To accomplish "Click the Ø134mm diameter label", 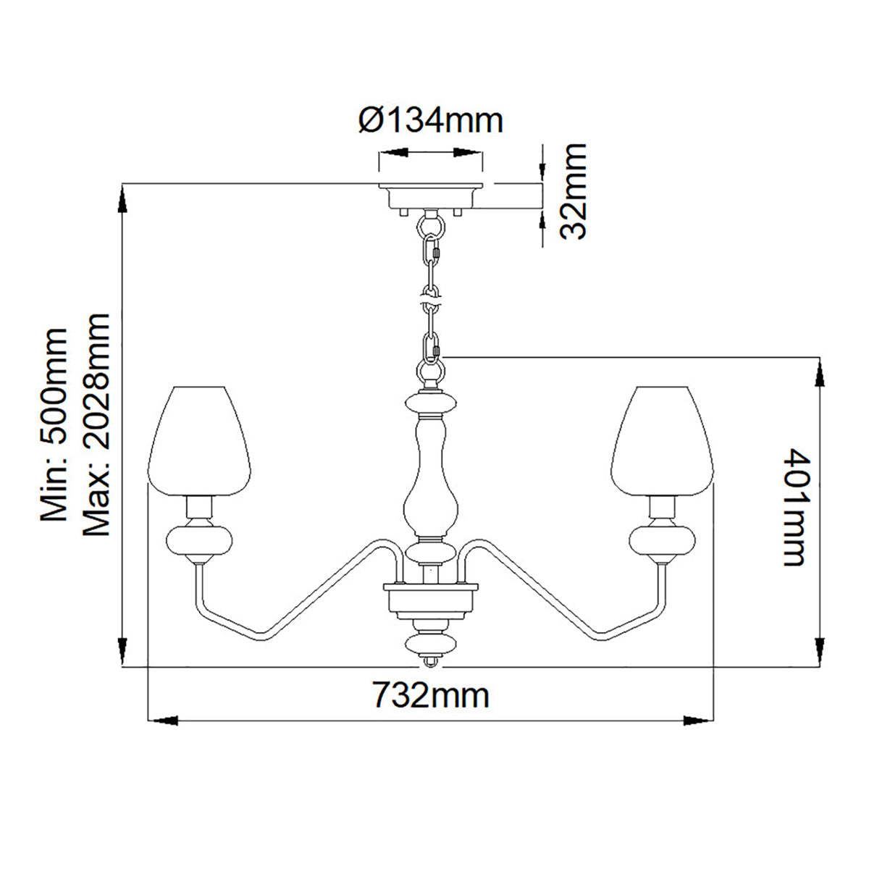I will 431,120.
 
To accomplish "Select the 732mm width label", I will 432,696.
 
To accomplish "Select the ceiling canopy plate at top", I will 432,195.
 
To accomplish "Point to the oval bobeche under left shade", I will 198,540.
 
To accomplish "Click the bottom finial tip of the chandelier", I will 431,662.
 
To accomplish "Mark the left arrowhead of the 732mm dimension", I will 161,721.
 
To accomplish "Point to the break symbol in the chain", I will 432,298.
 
